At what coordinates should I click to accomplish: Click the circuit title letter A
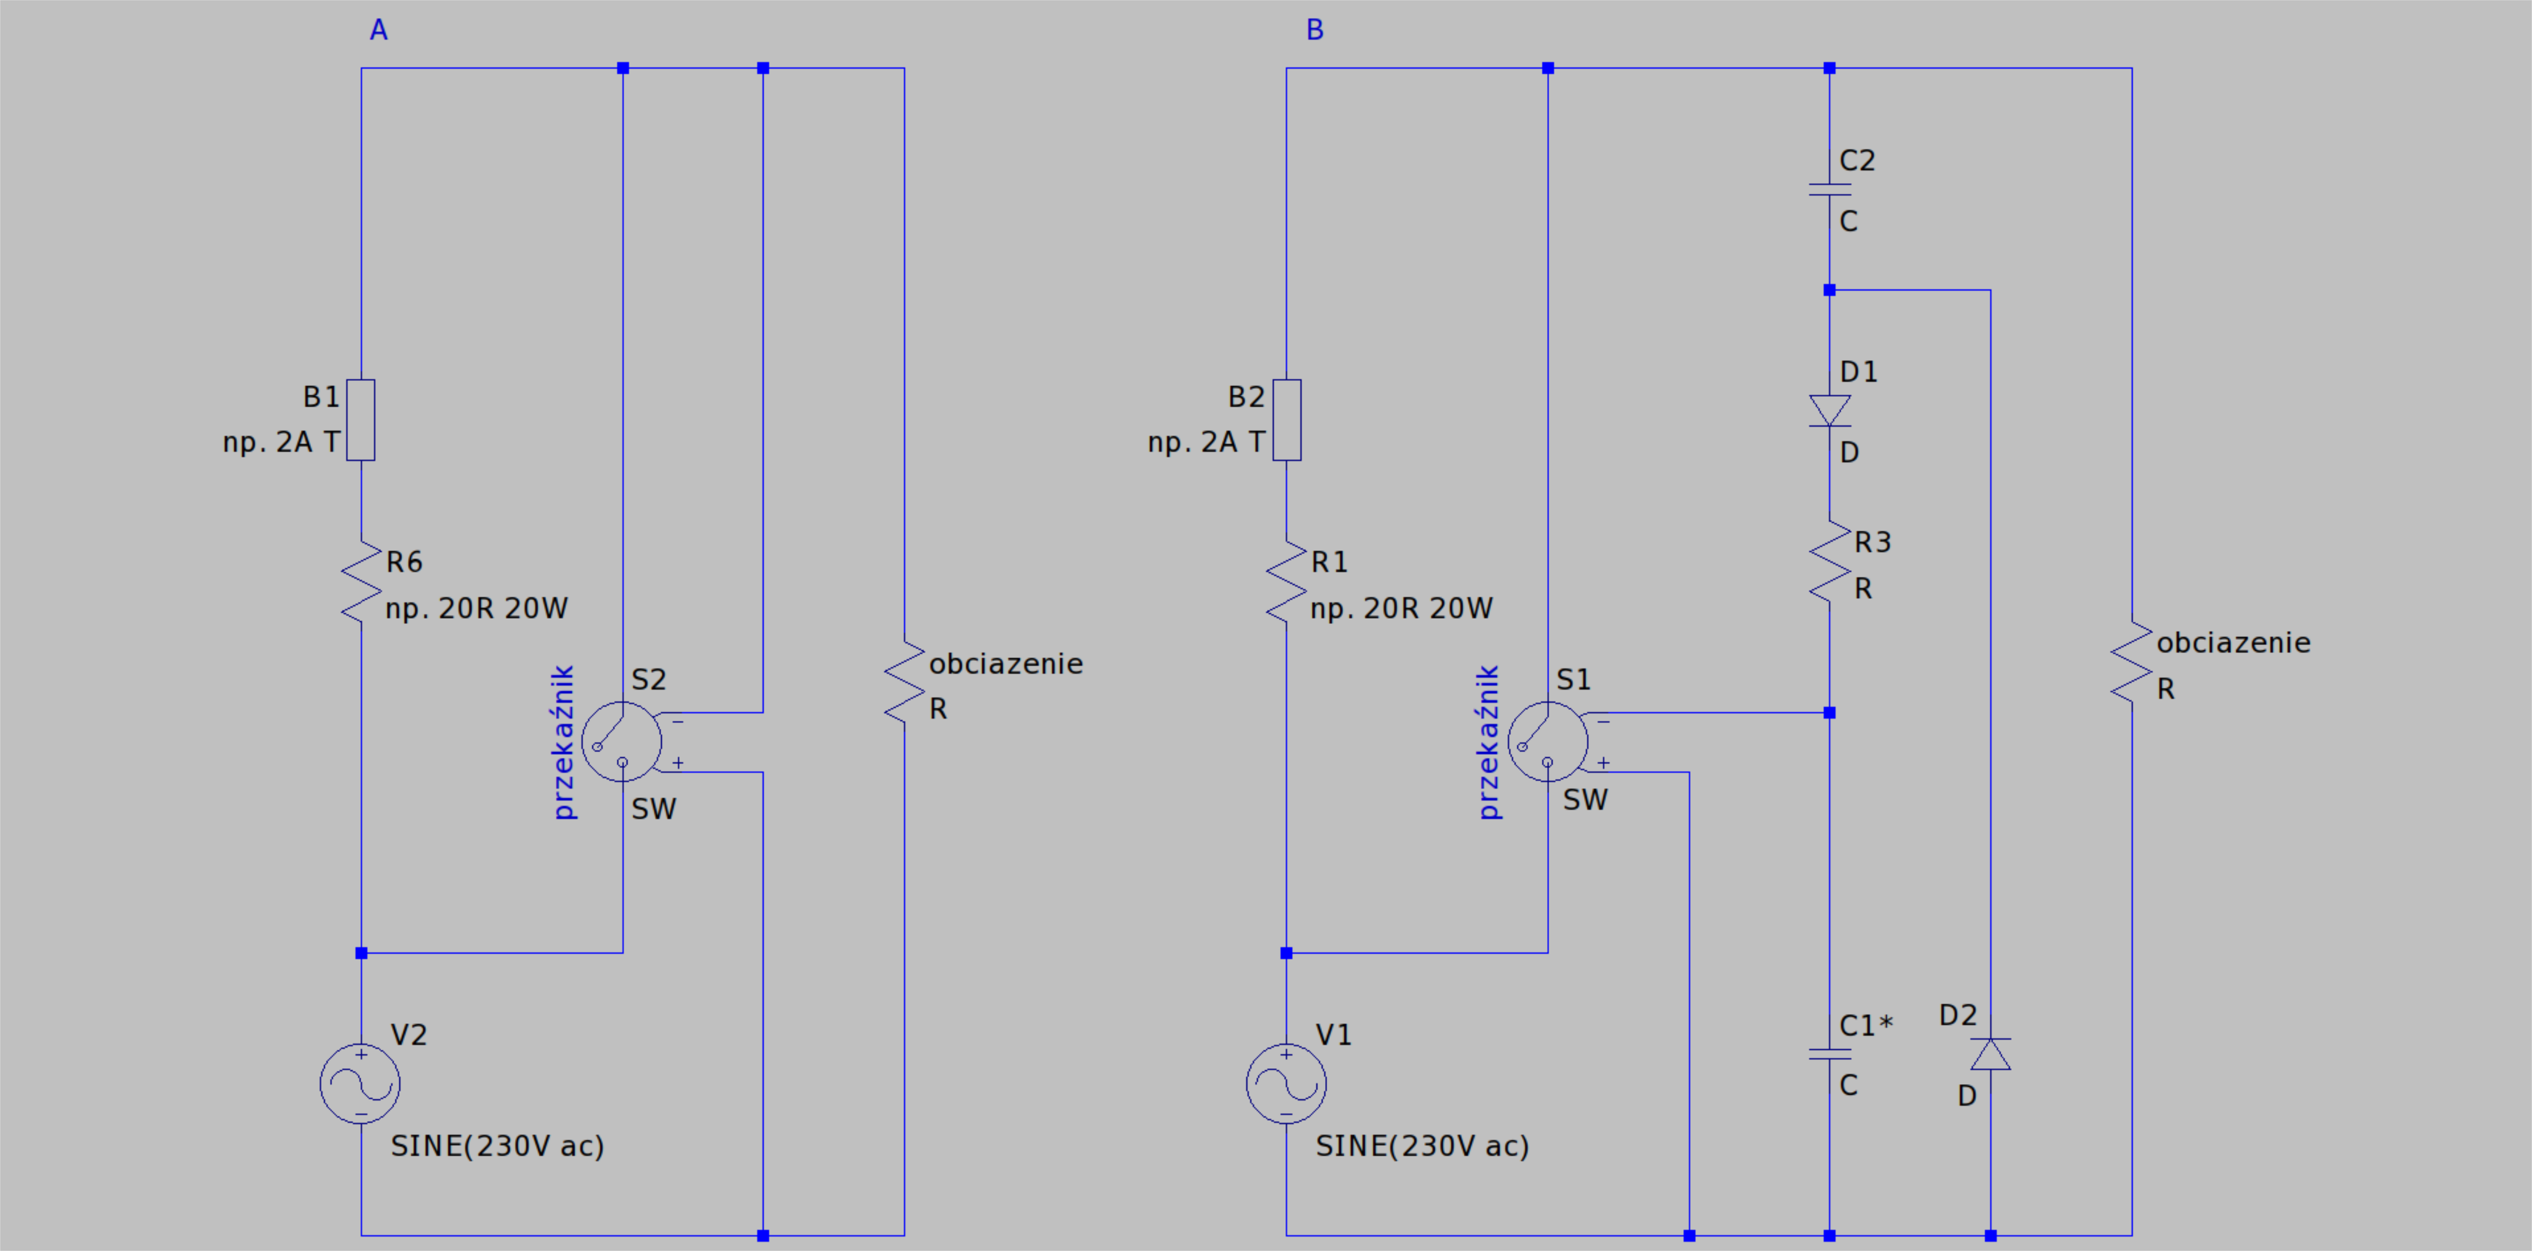[378, 31]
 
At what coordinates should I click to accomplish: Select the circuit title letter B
[1315, 31]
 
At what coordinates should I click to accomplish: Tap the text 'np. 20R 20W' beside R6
[477, 609]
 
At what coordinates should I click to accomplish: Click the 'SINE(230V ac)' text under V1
[1422, 1146]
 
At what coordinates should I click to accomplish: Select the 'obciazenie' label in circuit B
[2233, 642]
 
